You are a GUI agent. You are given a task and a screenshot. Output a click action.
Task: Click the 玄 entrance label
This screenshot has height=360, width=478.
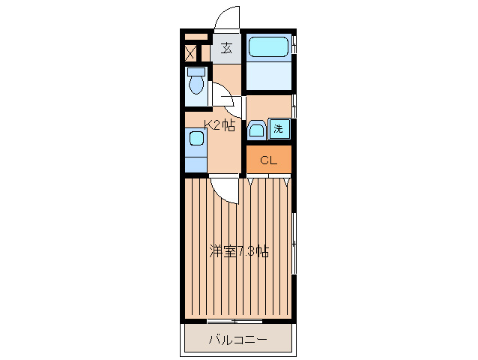[226, 48]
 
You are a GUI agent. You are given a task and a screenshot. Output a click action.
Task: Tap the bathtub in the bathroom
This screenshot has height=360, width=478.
[268, 46]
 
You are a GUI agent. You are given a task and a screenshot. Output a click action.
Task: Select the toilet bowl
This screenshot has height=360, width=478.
[196, 85]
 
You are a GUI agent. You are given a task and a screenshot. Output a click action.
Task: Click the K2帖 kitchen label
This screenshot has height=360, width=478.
[220, 124]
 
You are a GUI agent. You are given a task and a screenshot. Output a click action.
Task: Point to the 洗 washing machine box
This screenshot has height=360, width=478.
[279, 128]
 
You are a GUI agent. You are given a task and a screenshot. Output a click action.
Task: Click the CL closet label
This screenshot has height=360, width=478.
[268, 160]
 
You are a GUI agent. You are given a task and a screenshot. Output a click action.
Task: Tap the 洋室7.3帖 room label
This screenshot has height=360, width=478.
[239, 251]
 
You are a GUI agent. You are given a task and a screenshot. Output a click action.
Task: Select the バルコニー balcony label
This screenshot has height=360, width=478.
[238, 339]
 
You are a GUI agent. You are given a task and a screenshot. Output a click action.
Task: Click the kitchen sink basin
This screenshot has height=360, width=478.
[196, 138]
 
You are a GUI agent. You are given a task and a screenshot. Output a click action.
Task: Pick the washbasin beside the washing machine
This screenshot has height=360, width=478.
[256, 130]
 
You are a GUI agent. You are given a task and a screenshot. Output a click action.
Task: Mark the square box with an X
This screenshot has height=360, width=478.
[190, 54]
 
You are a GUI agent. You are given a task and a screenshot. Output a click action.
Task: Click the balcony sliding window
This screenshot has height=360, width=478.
[235, 321]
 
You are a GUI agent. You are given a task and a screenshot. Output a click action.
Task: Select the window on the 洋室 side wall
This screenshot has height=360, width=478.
[294, 243]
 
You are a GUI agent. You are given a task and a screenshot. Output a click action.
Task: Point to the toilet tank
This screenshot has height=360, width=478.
[196, 72]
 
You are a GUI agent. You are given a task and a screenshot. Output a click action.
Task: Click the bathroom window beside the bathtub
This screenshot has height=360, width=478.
[294, 45]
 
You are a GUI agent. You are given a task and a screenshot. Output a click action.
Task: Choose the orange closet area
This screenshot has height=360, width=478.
[268, 159]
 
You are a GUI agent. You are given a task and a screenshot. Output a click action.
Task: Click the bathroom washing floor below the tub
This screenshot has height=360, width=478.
[268, 74]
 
